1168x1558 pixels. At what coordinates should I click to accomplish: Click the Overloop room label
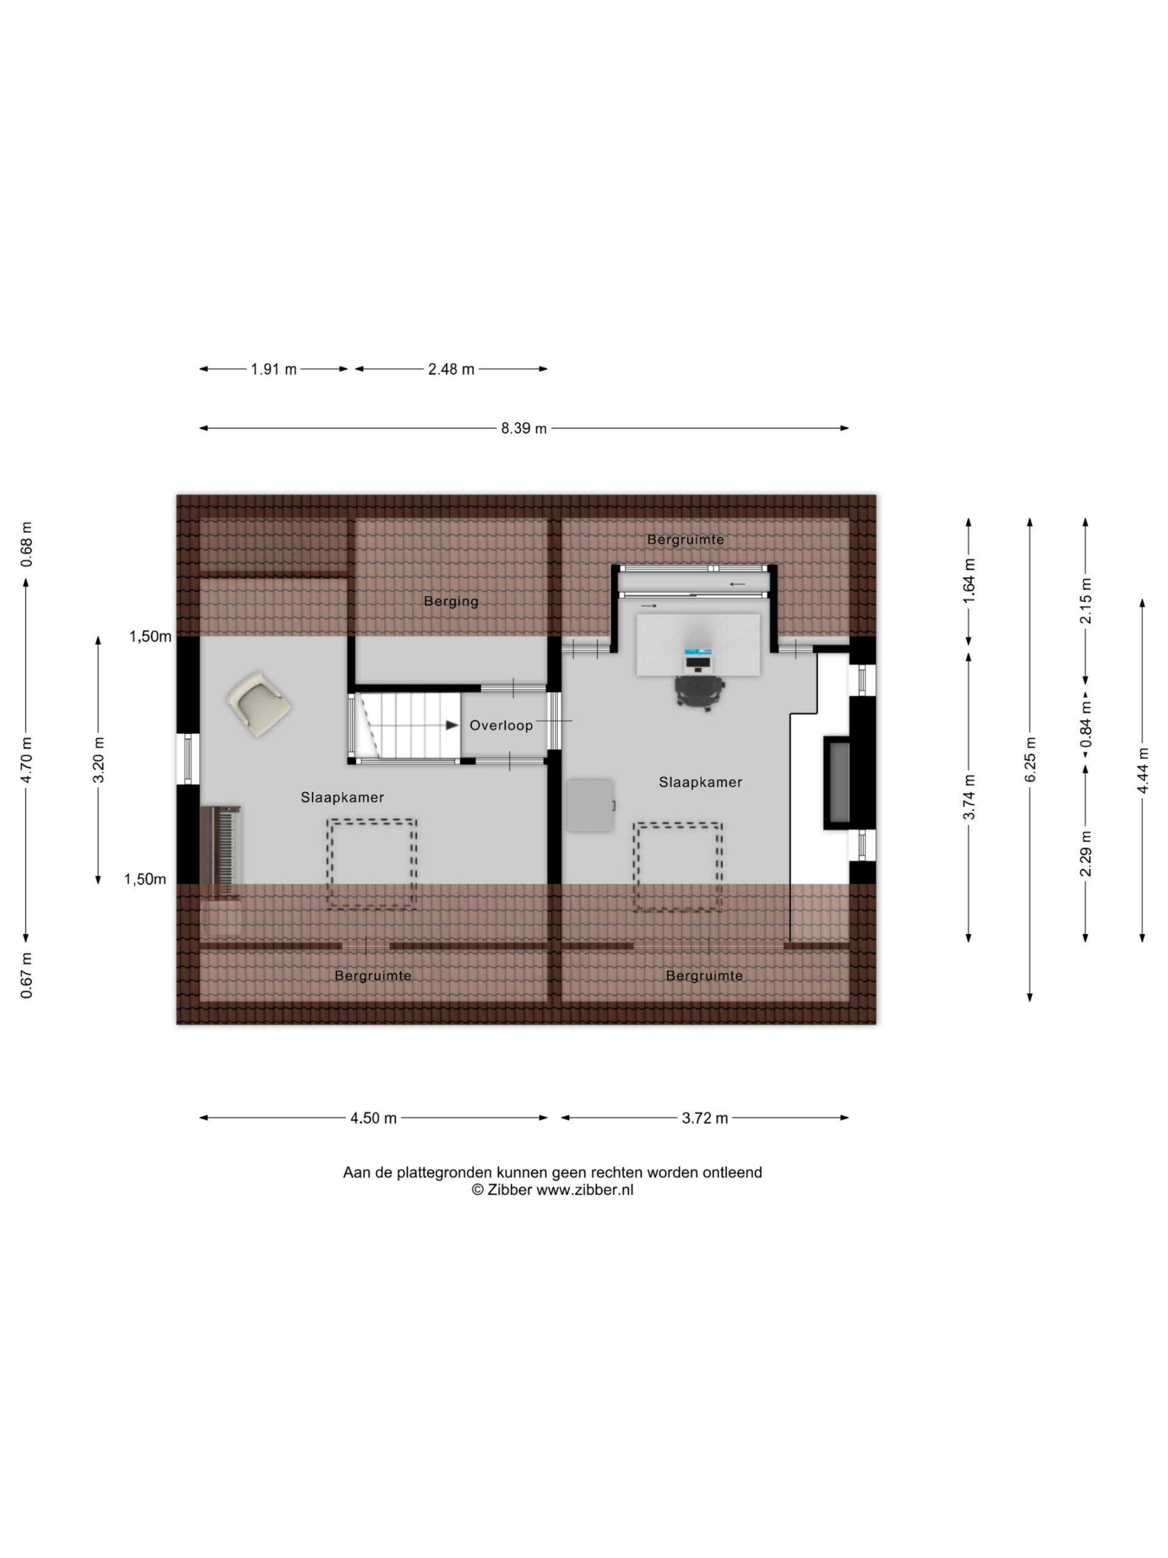(501, 725)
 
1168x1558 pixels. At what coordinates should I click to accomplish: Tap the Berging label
(451, 601)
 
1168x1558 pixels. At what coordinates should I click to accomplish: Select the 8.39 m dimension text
(523, 428)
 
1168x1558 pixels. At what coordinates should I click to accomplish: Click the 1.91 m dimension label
(274, 369)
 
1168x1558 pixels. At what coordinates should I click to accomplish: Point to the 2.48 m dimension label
(451, 369)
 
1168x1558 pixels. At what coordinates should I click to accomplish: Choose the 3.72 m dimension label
(704, 1118)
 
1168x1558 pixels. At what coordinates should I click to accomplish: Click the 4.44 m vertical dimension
(1142, 770)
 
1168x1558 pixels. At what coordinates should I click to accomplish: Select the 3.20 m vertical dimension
(99, 760)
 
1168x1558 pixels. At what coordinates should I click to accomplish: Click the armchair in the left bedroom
(259, 704)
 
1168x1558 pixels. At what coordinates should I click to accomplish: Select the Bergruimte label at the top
(685, 540)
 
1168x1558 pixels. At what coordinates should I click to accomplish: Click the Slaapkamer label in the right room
(701, 782)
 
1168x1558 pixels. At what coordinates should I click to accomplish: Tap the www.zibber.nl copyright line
(552, 1190)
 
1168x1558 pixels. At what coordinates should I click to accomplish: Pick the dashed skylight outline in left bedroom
(372, 864)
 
